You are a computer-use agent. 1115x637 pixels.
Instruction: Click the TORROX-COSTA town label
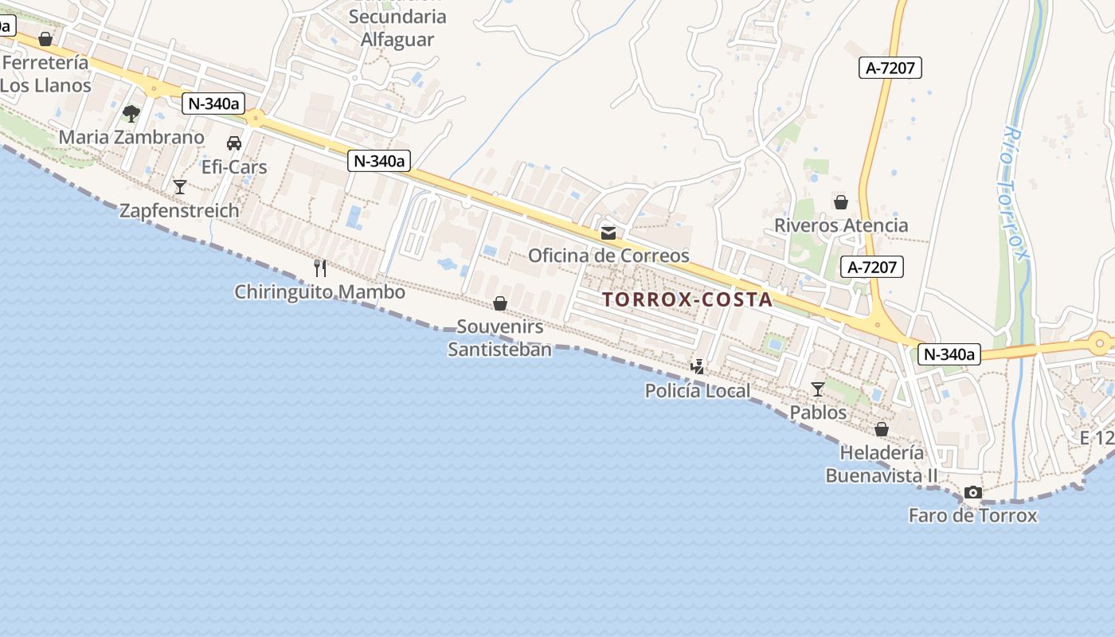click(687, 299)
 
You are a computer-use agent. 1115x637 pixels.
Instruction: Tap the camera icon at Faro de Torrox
click(972, 492)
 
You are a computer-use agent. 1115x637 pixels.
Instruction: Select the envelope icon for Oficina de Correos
click(608, 233)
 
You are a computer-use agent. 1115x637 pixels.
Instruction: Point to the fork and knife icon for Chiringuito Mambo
click(320, 268)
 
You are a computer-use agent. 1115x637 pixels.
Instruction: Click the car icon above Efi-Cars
click(234, 143)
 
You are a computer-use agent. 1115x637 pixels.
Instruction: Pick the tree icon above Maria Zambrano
click(131, 114)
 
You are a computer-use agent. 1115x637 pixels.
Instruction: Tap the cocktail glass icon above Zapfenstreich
click(180, 186)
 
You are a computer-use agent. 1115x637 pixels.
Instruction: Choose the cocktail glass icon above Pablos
click(818, 389)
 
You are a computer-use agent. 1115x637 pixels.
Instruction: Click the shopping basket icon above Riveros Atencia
click(841, 202)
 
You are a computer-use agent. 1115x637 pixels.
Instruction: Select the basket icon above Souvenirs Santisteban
click(500, 303)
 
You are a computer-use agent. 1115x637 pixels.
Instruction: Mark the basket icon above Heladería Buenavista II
click(882, 429)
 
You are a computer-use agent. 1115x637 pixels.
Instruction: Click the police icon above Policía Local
click(698, 367)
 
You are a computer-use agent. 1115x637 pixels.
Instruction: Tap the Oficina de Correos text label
click(608, 256)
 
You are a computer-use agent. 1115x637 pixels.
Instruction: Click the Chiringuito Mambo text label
click(319, 292)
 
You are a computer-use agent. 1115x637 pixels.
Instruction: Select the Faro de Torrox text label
click(972, 515)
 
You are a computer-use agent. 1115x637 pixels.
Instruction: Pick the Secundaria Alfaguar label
click(397, 28)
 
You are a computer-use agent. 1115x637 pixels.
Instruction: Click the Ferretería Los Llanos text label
click(45, 73)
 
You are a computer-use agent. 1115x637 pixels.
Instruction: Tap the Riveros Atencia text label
click(841, 225)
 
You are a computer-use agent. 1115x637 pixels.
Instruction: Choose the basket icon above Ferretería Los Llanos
click(45, 38)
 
